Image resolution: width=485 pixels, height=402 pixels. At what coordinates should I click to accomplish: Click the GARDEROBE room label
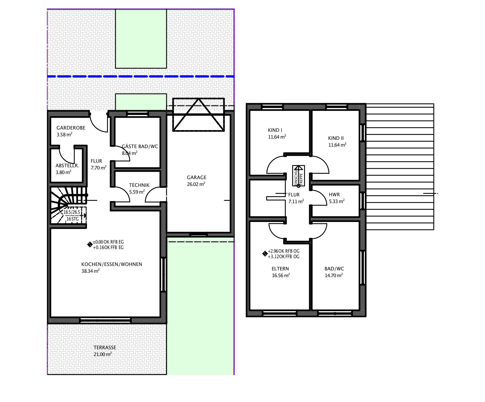click(x=71, y=128)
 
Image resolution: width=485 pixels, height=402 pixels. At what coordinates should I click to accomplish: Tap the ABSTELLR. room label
click(x=67, y=166)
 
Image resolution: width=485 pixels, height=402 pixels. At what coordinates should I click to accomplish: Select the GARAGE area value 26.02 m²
click(x=196, y=184)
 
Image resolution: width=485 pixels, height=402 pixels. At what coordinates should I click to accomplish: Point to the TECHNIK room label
click(x=139, y=185)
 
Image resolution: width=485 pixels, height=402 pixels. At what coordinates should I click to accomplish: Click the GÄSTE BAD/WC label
click(x=140, y=146)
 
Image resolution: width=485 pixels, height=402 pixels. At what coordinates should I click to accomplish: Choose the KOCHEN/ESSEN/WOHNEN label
click(x=112, y=264)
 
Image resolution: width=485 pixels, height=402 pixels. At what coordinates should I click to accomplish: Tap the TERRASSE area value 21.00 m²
click(x=103, y=354)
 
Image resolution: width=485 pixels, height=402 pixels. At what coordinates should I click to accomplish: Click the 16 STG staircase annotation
click(x=73, y=219)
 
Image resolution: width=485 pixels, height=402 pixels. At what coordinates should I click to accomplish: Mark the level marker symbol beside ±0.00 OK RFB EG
click(x=90, y=244)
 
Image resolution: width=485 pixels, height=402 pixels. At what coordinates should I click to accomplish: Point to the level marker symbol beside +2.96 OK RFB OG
click(x=265, y=254)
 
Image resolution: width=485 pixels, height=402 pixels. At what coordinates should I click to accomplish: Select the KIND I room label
click(x=275, y=130)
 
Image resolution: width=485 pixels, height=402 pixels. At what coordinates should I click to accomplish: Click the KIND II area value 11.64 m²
click(x=337, y=145)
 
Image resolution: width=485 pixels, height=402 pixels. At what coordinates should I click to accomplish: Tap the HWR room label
click(x=334, y=195)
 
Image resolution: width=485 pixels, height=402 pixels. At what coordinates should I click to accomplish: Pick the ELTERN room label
click(x=280, y=269)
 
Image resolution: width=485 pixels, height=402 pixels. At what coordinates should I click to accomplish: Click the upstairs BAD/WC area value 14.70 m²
click(x=334, y=275)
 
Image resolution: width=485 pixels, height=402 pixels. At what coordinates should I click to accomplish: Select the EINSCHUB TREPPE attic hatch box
click(x=299, y=176)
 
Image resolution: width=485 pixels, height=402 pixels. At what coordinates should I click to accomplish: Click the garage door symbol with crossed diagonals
click(x=198, y=114)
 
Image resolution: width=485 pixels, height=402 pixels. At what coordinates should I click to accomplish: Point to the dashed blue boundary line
click(x=141, y=76)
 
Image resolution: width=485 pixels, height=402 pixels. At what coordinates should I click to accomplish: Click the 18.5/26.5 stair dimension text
click(x=72, y=212)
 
